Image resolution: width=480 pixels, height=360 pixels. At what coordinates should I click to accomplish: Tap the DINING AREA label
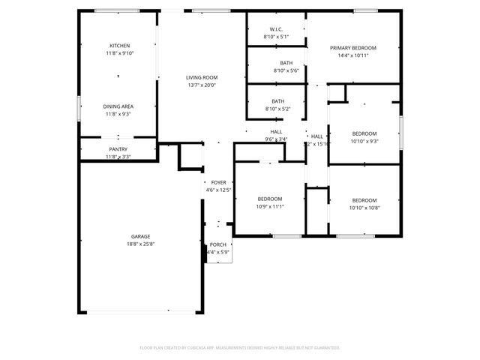(x=118, y=106)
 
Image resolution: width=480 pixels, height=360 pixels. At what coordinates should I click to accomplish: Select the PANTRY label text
(x=118, y=149)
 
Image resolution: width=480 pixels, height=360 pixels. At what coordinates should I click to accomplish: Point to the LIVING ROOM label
(x=202, y=77)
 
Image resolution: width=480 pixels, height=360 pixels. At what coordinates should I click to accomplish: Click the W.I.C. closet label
(x=276, y=29)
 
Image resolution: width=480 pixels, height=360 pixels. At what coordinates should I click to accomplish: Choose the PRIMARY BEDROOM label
(x=353, y=47)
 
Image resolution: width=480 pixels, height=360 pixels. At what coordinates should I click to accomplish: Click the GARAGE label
(x=140, y=236)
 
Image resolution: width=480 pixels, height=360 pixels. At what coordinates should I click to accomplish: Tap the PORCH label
(x=218, y=244)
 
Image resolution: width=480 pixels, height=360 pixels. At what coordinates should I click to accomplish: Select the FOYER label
(x=218, y=182)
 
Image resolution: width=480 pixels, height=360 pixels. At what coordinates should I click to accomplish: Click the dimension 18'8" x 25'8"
(x=140, y=244)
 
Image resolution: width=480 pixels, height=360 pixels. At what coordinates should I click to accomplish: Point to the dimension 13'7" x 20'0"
(x=202, y=85)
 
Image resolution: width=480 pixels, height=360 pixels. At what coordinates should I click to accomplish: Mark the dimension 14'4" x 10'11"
(x=353, y=55)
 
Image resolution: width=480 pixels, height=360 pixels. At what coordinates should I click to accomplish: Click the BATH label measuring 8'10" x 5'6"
(x=286, y=63)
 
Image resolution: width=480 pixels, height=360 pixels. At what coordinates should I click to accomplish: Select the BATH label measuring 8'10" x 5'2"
(x=277, y=101)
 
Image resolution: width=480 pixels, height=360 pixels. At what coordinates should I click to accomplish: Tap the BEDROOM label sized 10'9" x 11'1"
(x=270, y=199)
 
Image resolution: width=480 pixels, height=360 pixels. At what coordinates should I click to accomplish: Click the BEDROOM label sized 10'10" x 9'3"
(x=364, y=133)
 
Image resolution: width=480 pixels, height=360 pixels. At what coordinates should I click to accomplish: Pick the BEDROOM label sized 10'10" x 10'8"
(x=364, y=200)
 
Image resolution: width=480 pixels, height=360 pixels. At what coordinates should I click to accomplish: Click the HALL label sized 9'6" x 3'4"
(x=276, y=132)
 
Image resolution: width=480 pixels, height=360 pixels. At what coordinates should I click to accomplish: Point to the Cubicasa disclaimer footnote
(x=240, y=347)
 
